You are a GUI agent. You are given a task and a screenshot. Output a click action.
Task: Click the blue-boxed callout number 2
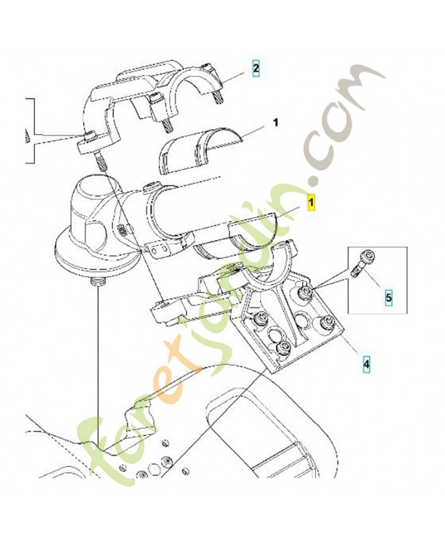pyautogui.click(x=256, y=68)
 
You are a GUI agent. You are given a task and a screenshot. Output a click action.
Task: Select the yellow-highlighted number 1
pyautogui.click(x=311, y=202)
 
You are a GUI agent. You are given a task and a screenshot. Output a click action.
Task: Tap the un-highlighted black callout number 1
pyautogui.click(x=276, y=123)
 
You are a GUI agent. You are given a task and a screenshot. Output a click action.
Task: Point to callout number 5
pyautogui.click(x=388, y=298)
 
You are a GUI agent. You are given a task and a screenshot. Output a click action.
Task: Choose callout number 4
pyautogui.click(x=367, y=364)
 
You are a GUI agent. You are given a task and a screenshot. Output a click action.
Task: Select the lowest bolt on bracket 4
pyautogui.click(x=283, y=347)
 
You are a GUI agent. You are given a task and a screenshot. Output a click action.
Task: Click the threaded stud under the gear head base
pyautogui.click(x=98, y=281)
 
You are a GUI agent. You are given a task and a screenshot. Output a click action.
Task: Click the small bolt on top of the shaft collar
pyautogui.click(x=152, y=187)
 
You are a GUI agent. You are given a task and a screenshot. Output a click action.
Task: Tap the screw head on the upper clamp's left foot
pyautogui.click(x=90, y=134)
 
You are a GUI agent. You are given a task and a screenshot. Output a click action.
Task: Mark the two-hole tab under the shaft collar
pyautogui.click(x=160, y=250)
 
